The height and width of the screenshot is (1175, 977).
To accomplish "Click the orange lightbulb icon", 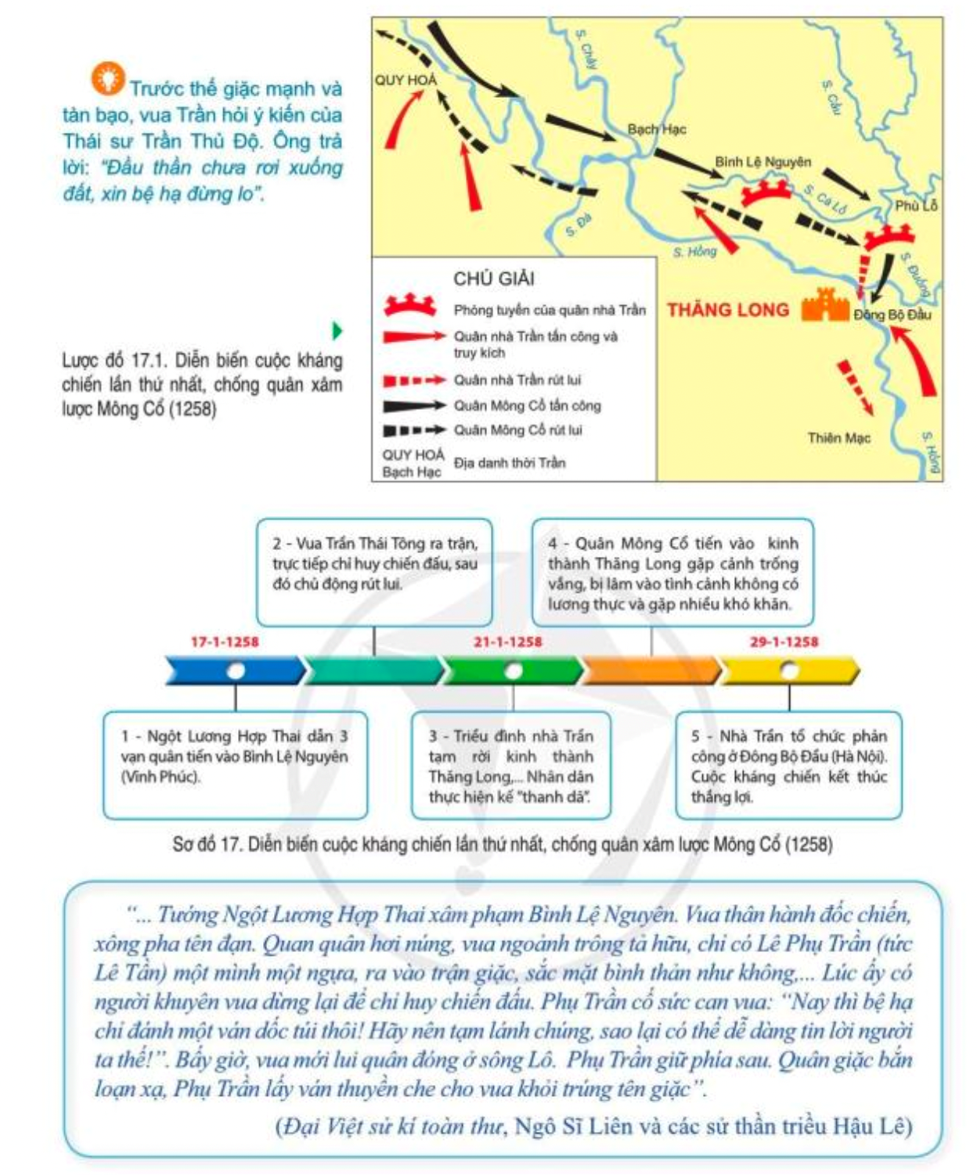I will pos(108,77).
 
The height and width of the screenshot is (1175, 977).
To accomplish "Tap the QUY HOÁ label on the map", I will pos(406,80).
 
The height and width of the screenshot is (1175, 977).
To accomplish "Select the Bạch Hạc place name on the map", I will pos(657,129).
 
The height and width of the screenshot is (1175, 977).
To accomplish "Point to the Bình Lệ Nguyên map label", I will pos(762,162).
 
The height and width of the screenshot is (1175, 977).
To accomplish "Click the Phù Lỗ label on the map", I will pos(916,206).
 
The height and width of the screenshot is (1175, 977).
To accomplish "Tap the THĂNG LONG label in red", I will pos(727,311).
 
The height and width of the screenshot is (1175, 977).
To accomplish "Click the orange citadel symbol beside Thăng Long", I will pos(825,305).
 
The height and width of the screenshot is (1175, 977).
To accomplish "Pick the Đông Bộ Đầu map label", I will pos(892,314).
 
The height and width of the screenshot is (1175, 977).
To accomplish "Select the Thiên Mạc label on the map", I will pos(838,438).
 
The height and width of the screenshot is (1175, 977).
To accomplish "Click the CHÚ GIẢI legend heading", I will pos(494,278).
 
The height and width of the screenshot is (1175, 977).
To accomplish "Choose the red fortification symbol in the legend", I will pos(409,306).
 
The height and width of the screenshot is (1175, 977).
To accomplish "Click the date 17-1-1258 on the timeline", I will pos(225,642).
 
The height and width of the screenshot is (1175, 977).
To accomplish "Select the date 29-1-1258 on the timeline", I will pos(784,642).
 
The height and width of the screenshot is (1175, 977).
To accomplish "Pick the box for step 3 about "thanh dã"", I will pos(510,766).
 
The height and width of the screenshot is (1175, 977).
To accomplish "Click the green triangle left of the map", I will pos(337,331).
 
